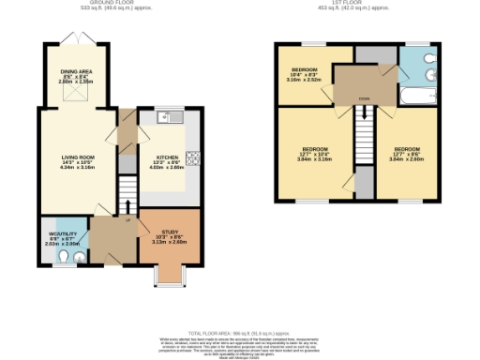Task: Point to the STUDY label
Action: coord(170,232)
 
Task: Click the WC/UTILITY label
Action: coord(62,235)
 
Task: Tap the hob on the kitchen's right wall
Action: coord(193,158)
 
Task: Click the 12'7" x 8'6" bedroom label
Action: coord(407,154)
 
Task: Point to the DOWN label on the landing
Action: coord(362,97)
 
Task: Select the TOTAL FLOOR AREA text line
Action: coord(239,332)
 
